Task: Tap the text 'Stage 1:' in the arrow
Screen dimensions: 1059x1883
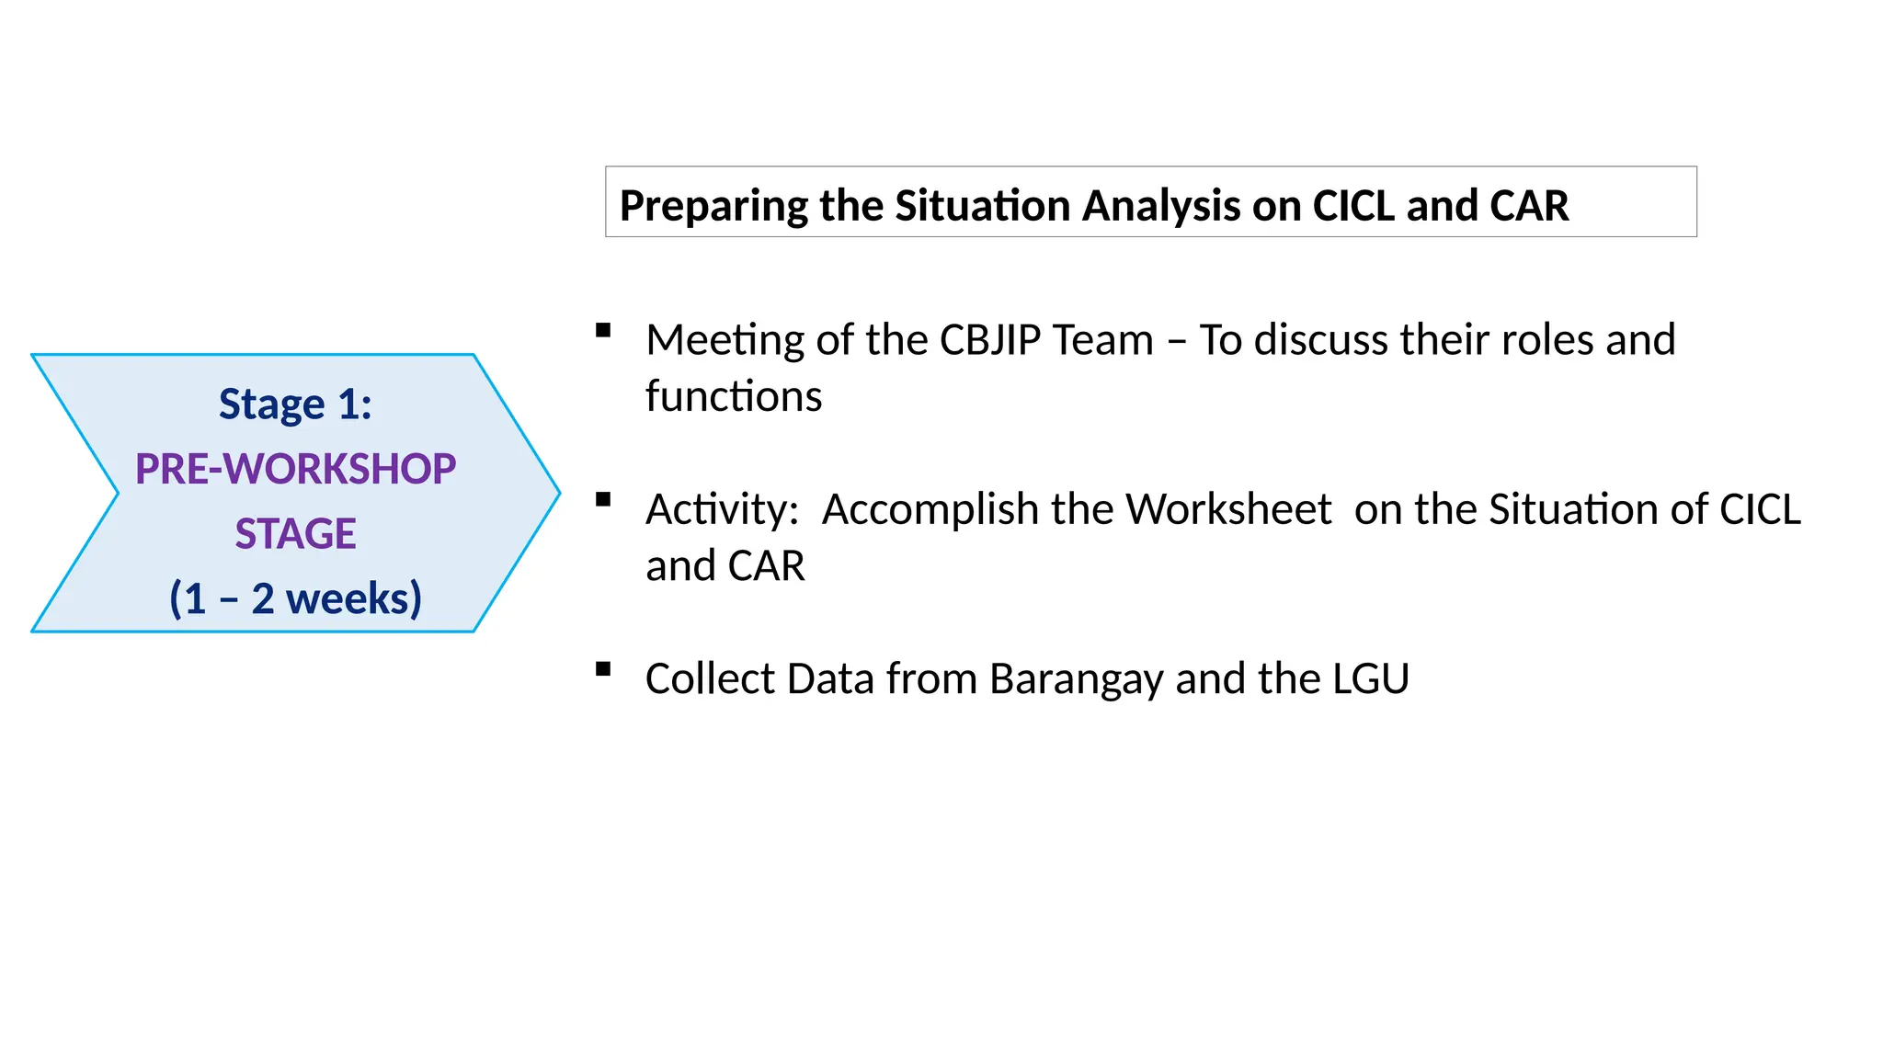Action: (295, 404)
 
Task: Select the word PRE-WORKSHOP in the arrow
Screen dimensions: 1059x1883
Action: (295, 469)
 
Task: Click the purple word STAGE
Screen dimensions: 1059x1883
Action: (295, 534)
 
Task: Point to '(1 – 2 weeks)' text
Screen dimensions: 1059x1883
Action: (295, 598)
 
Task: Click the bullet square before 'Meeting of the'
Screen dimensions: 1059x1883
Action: (603, 331)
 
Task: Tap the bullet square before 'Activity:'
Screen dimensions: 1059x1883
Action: (603, 500)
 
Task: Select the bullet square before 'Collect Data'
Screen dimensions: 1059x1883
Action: (603, 669)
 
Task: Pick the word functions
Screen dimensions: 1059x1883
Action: (734, 397)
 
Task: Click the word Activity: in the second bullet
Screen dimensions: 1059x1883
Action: (722, 509)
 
